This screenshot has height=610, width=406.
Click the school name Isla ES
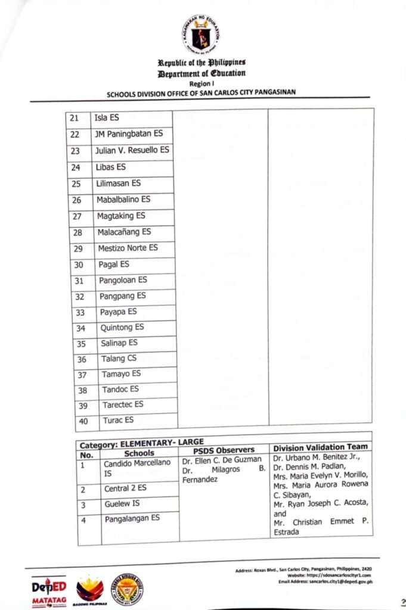107,117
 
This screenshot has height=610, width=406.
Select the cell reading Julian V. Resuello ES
132,150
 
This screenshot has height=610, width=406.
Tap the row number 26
77,200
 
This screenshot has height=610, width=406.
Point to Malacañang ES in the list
124,232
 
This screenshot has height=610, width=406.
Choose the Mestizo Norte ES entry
128,248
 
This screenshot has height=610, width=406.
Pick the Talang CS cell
114,359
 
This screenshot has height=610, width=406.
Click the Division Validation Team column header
320,447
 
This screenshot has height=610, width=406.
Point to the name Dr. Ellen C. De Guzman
222,460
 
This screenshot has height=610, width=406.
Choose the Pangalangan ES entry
132,519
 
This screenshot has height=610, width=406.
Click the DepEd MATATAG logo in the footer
49,592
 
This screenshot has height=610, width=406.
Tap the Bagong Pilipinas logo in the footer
90,592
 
